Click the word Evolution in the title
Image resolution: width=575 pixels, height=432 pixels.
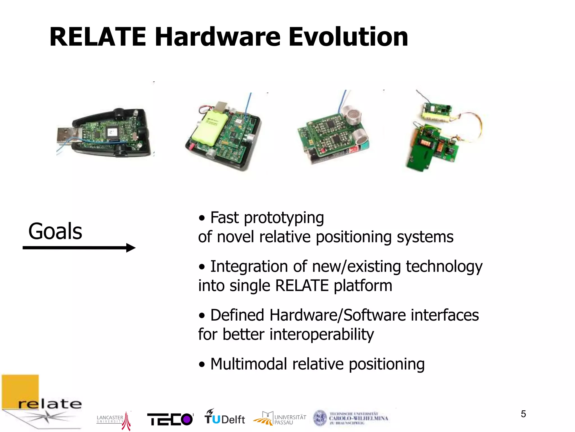(x=348, y=37)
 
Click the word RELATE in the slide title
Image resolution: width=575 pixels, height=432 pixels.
(x=98, y=37)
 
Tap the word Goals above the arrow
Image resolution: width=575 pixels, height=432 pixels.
(x=55, y=231)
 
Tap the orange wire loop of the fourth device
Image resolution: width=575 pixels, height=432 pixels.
(x=474, y=124)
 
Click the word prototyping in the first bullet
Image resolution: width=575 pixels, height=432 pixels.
(x=284, y=218)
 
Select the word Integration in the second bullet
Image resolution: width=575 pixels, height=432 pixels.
(x=249, y=266)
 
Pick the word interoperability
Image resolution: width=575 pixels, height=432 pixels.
(x=321, y=334)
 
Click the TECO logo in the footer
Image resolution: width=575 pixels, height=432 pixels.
(x=170, y=419)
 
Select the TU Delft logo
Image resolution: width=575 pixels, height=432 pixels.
(x=225, y=417)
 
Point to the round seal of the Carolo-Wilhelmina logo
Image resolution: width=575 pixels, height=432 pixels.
(x=320, y=418)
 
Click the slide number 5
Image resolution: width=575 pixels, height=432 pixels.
(x=523, y=414)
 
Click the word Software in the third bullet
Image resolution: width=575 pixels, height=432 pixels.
(x=375, y=315)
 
